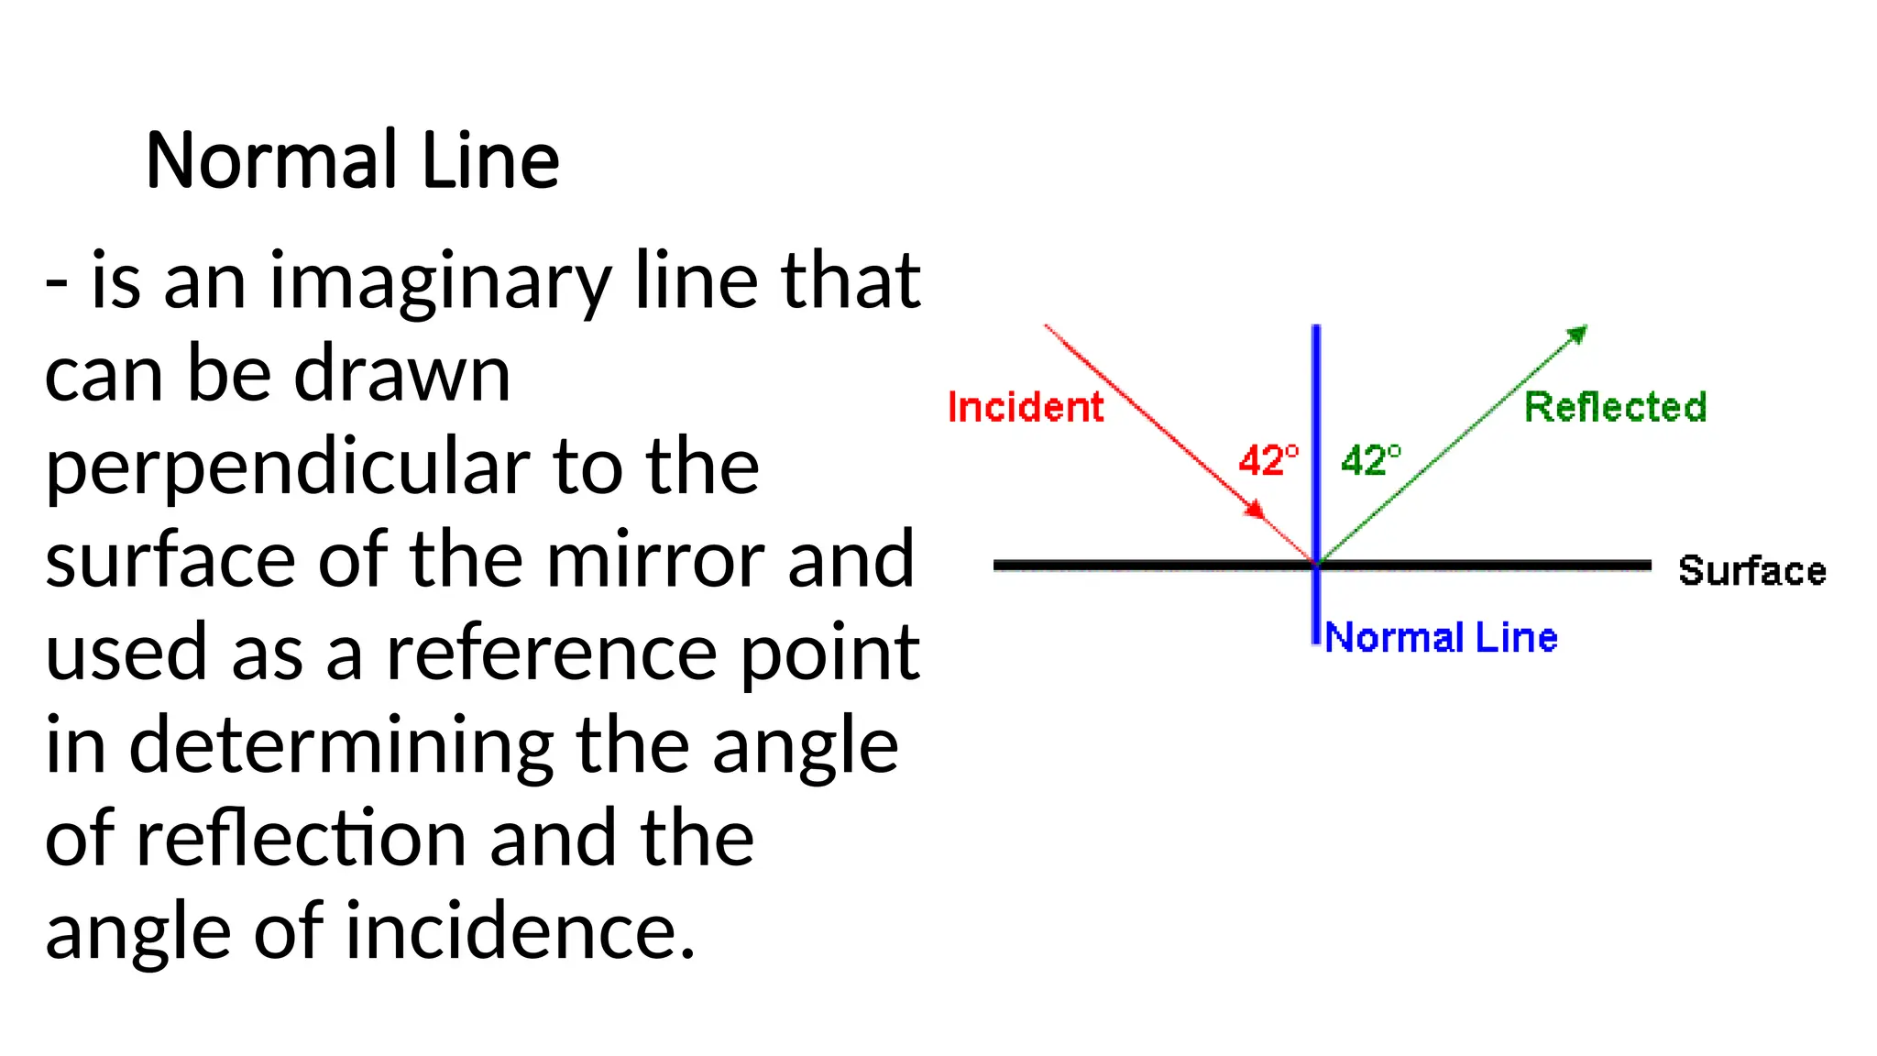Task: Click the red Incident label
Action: click(1026, 407)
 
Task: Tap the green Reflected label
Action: click(1615, 407)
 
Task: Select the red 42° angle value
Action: click(1268, 460)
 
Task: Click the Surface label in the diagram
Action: click(1751, 570)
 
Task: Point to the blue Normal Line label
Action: click(1442, 637)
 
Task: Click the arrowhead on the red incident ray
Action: click(1255, 508)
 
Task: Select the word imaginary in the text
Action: click(440, 281)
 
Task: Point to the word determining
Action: click(341, 744)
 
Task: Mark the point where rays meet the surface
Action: click(1316, 565)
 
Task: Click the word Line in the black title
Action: click(489, 160)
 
